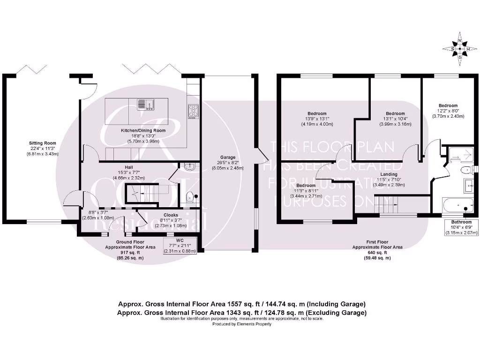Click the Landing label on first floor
click(x=389, y=174)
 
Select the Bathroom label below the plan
click(x=461, y=222)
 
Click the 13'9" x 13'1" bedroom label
click(x=317, y=114)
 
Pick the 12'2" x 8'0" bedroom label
click(x=448, y=105)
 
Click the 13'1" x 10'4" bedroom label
click(x=395, y=114)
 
